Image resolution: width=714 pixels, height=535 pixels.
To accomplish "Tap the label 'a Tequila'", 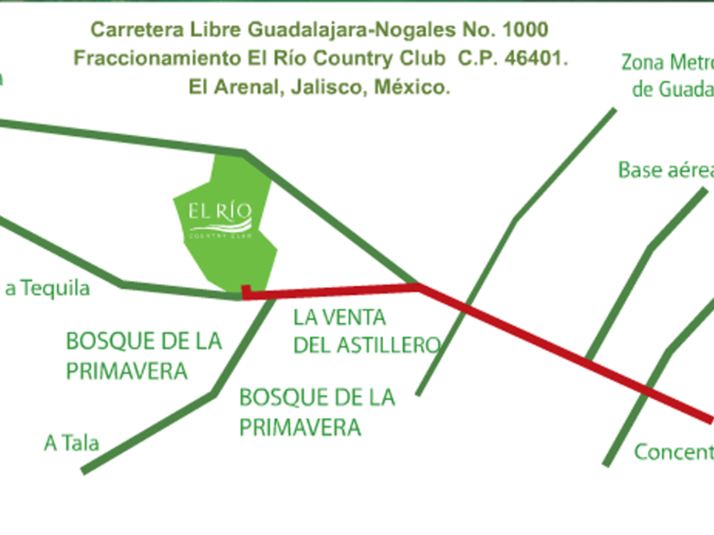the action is (x=48, y=289).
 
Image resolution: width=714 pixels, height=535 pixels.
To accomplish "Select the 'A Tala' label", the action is (x=71, y=442).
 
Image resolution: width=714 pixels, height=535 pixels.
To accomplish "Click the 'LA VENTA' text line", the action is (x=339, y=318).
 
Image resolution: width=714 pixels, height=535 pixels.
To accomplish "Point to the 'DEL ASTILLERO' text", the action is (x=366, y=345).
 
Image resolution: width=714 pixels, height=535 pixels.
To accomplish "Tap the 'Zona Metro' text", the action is (x=666, y=62).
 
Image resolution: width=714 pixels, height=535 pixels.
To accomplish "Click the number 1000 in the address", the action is (x=525, y=30).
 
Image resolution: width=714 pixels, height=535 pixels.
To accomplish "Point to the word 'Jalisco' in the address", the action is (x=324, y=87).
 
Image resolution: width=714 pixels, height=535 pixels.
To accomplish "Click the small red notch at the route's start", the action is (x=246, y=292).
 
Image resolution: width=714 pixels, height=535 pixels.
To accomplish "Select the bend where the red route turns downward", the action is (x=418, y=287).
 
